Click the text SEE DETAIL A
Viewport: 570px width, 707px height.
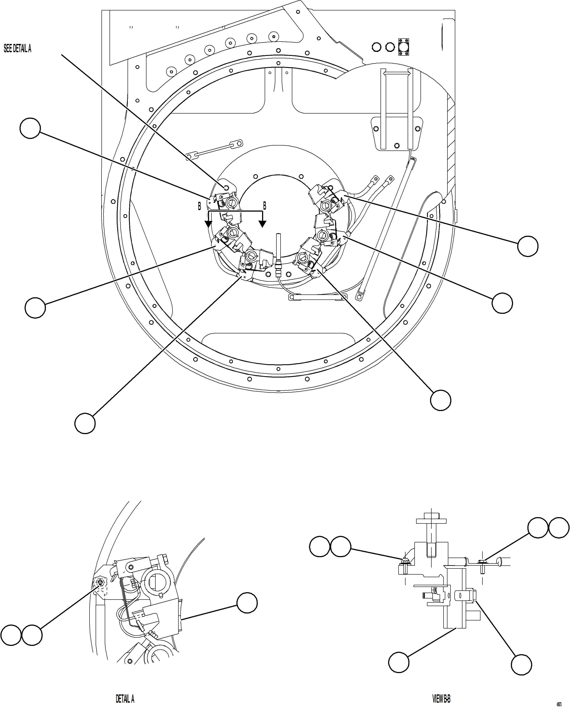17,49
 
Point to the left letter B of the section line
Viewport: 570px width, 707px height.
199,206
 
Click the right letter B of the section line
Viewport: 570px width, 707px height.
265,206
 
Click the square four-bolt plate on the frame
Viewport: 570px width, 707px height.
404,47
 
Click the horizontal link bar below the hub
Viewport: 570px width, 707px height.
317,297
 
